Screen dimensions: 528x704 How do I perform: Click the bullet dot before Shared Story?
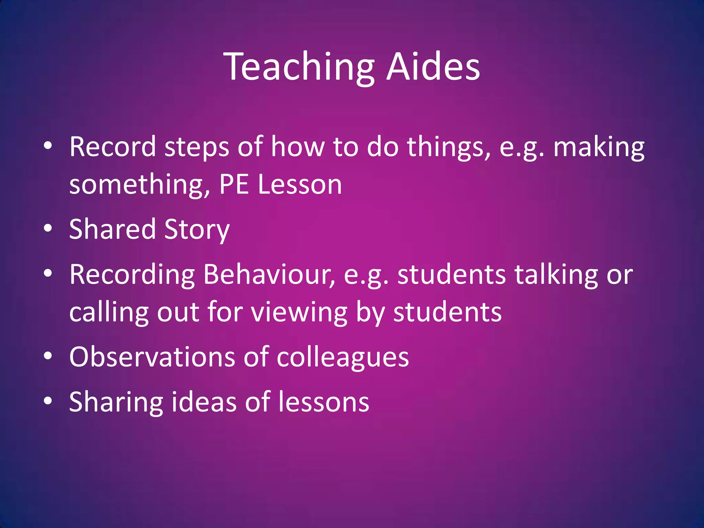click(48, 228)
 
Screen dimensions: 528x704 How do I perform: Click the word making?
click(599, 147)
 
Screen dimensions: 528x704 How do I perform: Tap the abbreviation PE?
click(234, 185)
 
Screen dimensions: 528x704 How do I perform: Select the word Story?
click(197, 230)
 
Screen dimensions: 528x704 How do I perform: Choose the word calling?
click(109, 313)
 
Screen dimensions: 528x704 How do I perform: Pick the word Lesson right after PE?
click(300, 185)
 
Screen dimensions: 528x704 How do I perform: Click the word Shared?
click(112, 229)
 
